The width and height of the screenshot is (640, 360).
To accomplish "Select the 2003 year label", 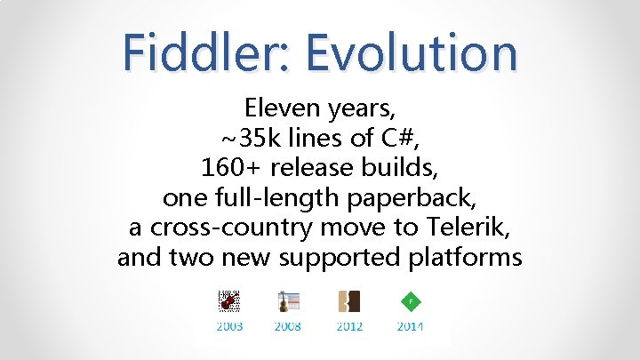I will [x=229, y=326].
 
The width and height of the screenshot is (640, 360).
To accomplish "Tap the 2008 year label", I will [x=287, y=326].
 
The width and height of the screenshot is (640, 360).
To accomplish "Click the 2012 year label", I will [x=349, y=326].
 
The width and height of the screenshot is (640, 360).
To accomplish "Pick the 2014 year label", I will [x=410, y=326].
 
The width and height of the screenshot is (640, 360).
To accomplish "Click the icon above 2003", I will [x=229, y=301].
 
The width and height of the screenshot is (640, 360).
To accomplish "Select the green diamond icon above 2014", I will [x=410, y=301].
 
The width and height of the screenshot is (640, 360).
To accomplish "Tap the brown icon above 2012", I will [x=348, y=301].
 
